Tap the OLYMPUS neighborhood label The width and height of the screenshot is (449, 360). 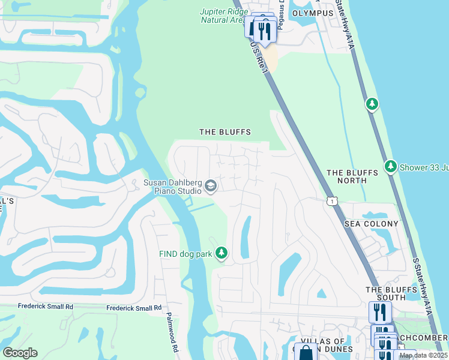pyautogui.click(x=312, y=13)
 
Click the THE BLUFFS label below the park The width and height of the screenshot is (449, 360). pyautogui.click(x=224, y=132)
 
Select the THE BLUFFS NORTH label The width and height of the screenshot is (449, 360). pyautogui.click(x=352, y=176)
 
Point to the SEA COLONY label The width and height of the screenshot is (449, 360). pyautogui.click(x=371, y=224)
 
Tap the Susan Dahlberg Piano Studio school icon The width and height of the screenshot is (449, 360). pyautogui.click(x=210, y=186)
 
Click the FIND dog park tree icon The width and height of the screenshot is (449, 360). pyautogui.click(x=221, y=254)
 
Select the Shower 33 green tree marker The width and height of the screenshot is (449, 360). pyautogui.click(x=391, y=166)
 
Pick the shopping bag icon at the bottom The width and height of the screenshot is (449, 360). pyautogui.click(x=306, y=353)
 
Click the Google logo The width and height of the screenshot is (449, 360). pyautogui.click(x=20, y=353)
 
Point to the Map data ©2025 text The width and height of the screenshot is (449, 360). pyautogui.click(x=423, y=355)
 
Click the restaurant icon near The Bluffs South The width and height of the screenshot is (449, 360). pyautogui.click(x=380, y=312)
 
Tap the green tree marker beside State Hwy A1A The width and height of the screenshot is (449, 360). pyautogui.click(x=372, y=104)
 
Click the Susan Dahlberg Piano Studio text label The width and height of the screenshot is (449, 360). pyautogui.click(x=172, y=187)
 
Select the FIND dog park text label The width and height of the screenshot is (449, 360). pyautogui.click(x=185, y=254)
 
